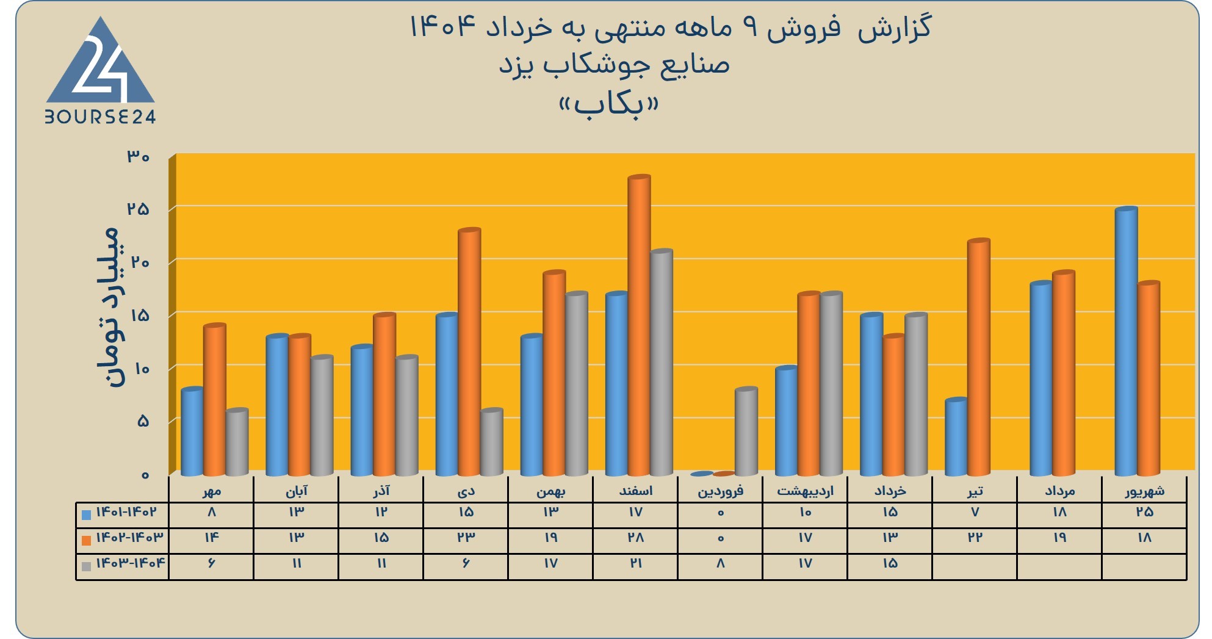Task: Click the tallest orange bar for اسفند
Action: (x=640, y=325)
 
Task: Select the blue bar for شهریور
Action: (x=1126, y=341)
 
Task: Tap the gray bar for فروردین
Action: (x=746, y=431)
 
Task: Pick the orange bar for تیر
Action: (x=979, y=357)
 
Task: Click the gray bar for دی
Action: (x=492, y=442)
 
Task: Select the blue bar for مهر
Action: (x=192, y=431)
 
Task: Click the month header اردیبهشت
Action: (x=805, y=491)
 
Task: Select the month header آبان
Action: (x=297, y=491)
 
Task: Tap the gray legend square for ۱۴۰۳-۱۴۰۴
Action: (x=86, y=566)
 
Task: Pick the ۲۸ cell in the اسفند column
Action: (x=635, y=538)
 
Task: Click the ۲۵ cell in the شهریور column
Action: (x=1144, y=512)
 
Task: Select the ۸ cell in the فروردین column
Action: (x=720, y=563)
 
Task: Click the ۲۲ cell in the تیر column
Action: (x=975, y=538)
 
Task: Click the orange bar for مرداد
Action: (x=1064, y=373)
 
